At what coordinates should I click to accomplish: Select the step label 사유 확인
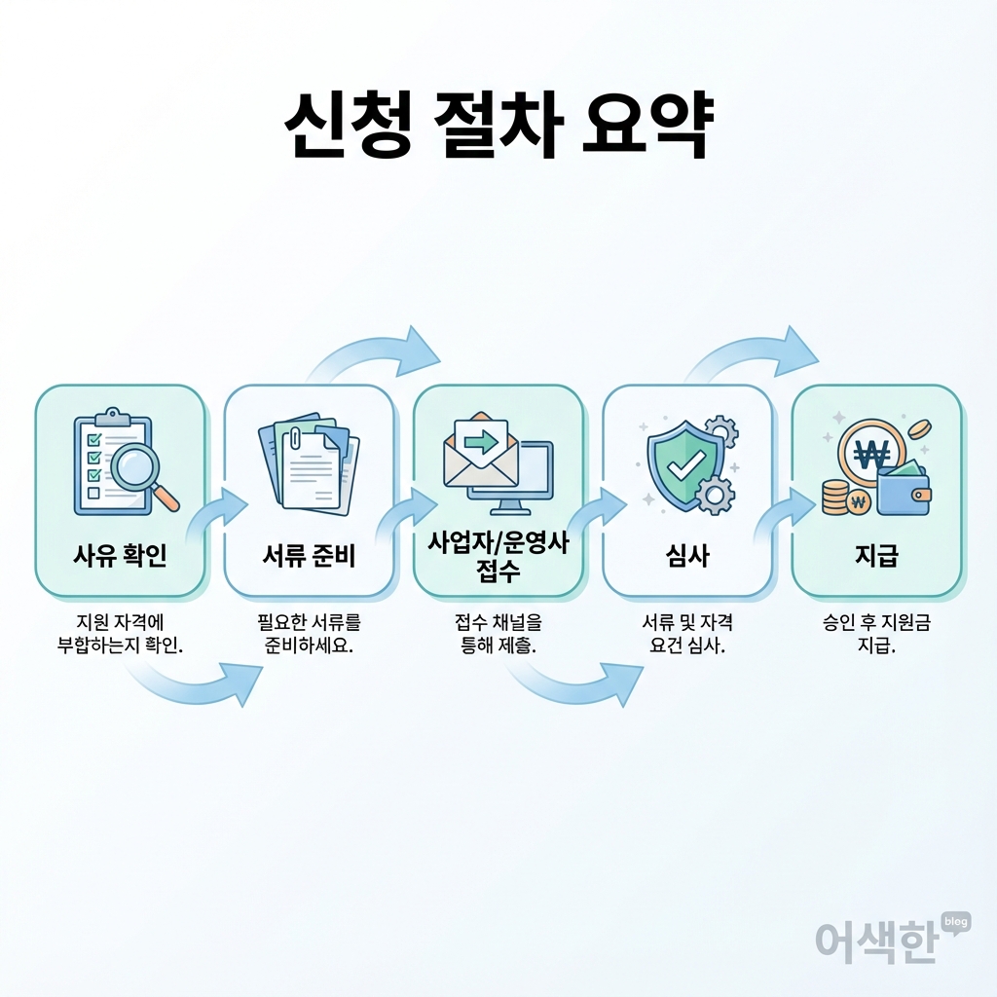point(120,557)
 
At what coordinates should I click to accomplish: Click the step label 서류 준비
point(309,557)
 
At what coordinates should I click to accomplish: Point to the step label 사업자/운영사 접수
point(498,557)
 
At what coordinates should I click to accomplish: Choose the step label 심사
point(687,557)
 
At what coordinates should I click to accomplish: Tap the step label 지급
point(876,557)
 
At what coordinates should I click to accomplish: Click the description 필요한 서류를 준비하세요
point(309,634)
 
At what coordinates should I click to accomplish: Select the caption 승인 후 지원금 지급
point(876,634)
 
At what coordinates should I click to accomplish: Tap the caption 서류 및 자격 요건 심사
point(687,634)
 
